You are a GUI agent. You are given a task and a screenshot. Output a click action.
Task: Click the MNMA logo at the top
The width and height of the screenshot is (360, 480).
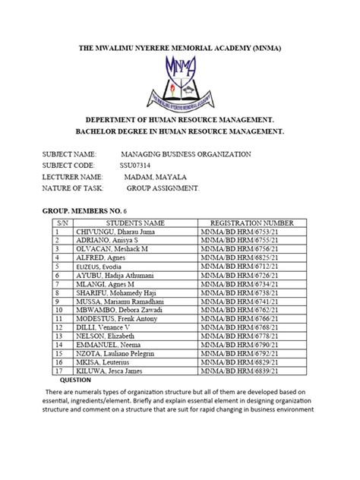point(180,81)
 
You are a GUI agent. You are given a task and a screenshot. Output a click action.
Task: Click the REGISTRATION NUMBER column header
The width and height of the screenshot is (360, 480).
point(251,222)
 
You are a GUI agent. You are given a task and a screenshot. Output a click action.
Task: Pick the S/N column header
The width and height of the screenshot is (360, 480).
point(56,222)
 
